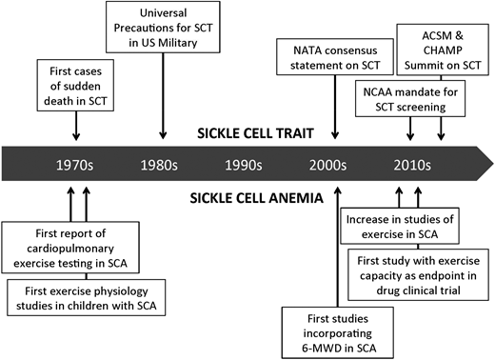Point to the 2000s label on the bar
coord(336,163)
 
